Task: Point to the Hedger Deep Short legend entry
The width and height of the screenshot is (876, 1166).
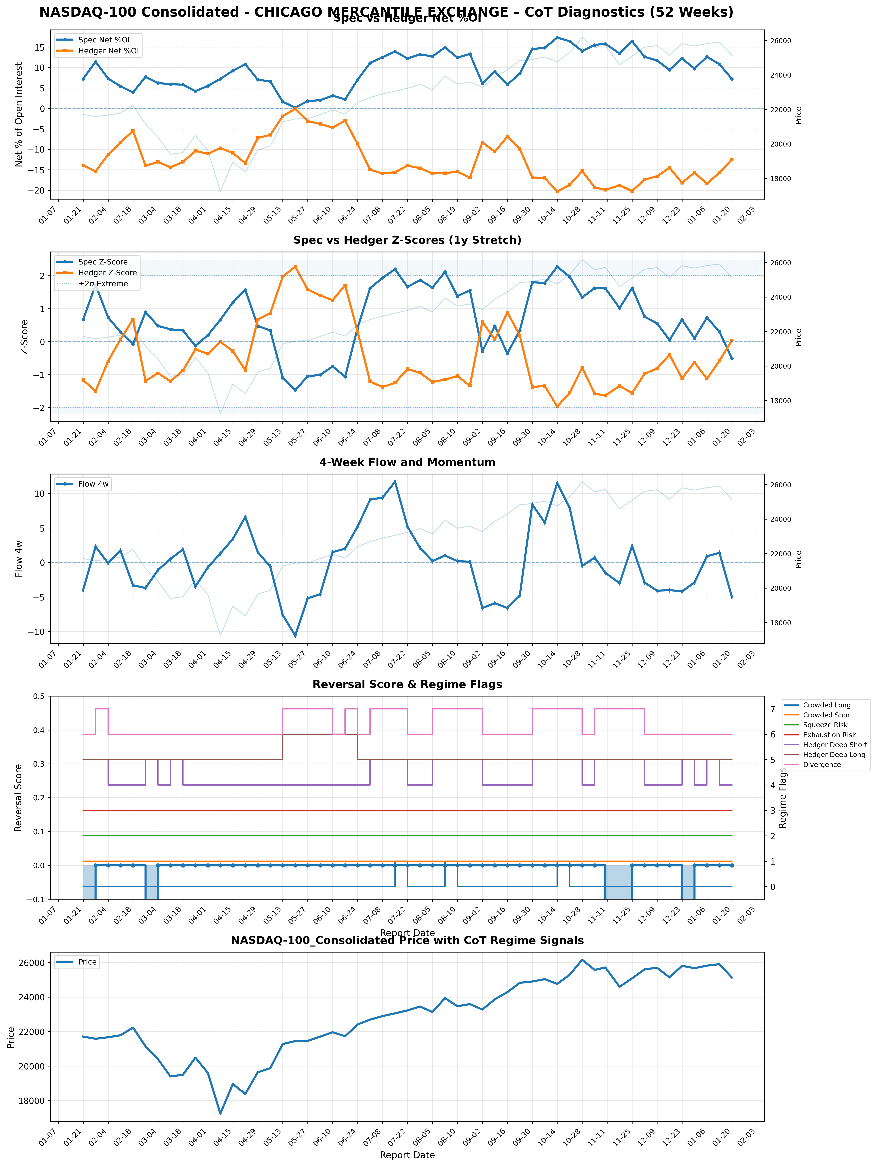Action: point(835,745)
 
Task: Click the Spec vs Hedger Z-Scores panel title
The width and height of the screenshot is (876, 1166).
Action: point(407,240)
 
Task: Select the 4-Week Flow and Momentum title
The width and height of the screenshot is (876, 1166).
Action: point(407,462)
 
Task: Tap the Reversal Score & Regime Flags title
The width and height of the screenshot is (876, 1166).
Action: point(407,684)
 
